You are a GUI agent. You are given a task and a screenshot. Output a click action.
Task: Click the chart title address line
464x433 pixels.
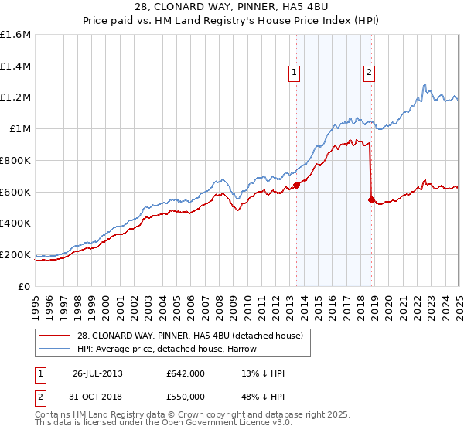coord(231,8)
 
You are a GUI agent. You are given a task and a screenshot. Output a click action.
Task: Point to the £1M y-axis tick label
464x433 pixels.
coord(20,129)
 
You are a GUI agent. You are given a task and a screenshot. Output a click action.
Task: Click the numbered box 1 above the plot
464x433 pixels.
coord(295,73)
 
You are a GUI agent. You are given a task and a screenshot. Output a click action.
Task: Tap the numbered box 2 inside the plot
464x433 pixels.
coord(370,73)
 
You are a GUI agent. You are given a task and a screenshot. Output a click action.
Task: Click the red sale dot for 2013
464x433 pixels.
coord(296,185)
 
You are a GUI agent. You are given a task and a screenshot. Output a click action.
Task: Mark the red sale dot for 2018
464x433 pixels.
coord(371,199)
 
